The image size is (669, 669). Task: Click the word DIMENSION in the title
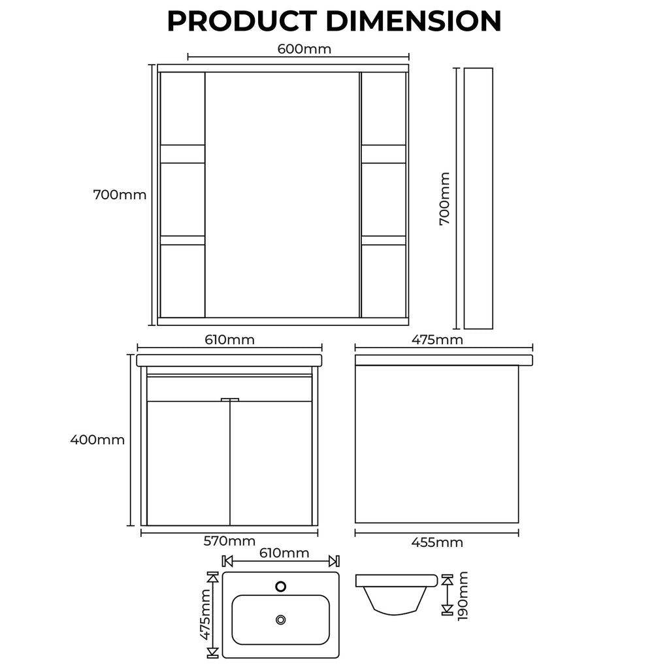414,21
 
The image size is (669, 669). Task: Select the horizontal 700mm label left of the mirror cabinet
120,195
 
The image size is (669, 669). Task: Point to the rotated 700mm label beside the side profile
445,199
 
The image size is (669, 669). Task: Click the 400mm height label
97,440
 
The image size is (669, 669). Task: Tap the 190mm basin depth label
463,595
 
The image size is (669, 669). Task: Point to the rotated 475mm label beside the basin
205,615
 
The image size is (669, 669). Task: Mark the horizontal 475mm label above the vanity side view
436,340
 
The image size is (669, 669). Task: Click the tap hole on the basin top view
281,586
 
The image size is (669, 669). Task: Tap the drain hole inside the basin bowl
281,619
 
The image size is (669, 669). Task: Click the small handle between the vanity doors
230,399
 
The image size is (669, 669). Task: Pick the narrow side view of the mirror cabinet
478,199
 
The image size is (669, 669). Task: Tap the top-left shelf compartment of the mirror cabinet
182,108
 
